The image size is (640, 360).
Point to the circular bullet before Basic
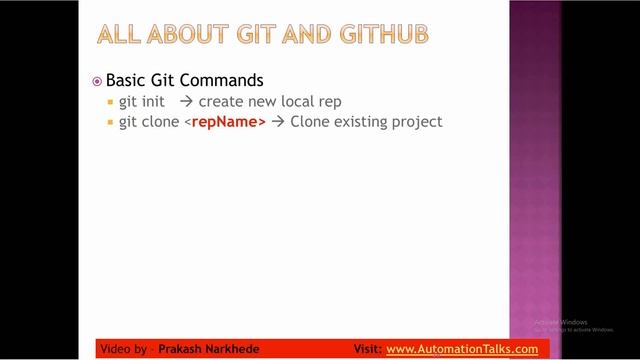click(x=97, y=81)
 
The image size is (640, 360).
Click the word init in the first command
click(x=156, y=102)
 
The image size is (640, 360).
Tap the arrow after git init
click(x=186, y=102)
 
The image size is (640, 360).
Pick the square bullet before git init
click(x=110, y=103)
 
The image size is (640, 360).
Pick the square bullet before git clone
click(x=110, y=123)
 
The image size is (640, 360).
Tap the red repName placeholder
click(x=226, y=122)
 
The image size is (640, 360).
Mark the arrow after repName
click(x=277, y=122)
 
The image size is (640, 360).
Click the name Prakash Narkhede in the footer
click(x=214, y=349)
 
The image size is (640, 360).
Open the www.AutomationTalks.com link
click(x=461, y=349)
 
